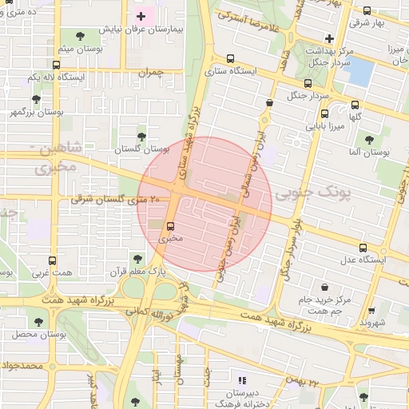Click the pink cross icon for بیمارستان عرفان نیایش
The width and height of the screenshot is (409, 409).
pyautogui.click(x=141, y=16)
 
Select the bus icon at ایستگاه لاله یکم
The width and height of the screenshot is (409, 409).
pyautogui.click(x=55, y=65)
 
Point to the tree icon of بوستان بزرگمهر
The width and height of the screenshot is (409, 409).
pyautogui.click(x=36, y=99)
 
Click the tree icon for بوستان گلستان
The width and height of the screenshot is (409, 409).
pyautogui.click(x=142, y=137)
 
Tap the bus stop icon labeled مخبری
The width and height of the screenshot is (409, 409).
pyautogui.click(x=170, y=225)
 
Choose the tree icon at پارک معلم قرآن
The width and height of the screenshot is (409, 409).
pyautogui.click(x=137, y=260)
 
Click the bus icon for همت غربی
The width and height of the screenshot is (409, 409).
pyautogui.click(x=53, y=260)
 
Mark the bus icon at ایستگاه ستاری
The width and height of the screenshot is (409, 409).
pyautogui.click(x=230, y=58)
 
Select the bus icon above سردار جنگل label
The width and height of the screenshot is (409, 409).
pyautogui.click(x=308, y=83)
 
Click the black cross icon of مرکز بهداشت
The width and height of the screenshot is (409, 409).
pyautogui.click(x=328, y=39)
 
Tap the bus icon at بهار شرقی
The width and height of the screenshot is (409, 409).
pyautogui.click(x=367, y=11)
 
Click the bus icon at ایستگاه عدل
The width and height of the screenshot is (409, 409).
pyautogui.click(x=364, y=247)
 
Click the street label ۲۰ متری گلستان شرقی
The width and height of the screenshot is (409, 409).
pyautogui.click(x=116, y=199)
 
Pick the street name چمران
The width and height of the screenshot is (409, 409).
pyautogui.click(x=150, y=72)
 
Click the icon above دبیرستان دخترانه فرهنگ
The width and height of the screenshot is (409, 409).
pyautogui.click(x=243, y=379)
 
